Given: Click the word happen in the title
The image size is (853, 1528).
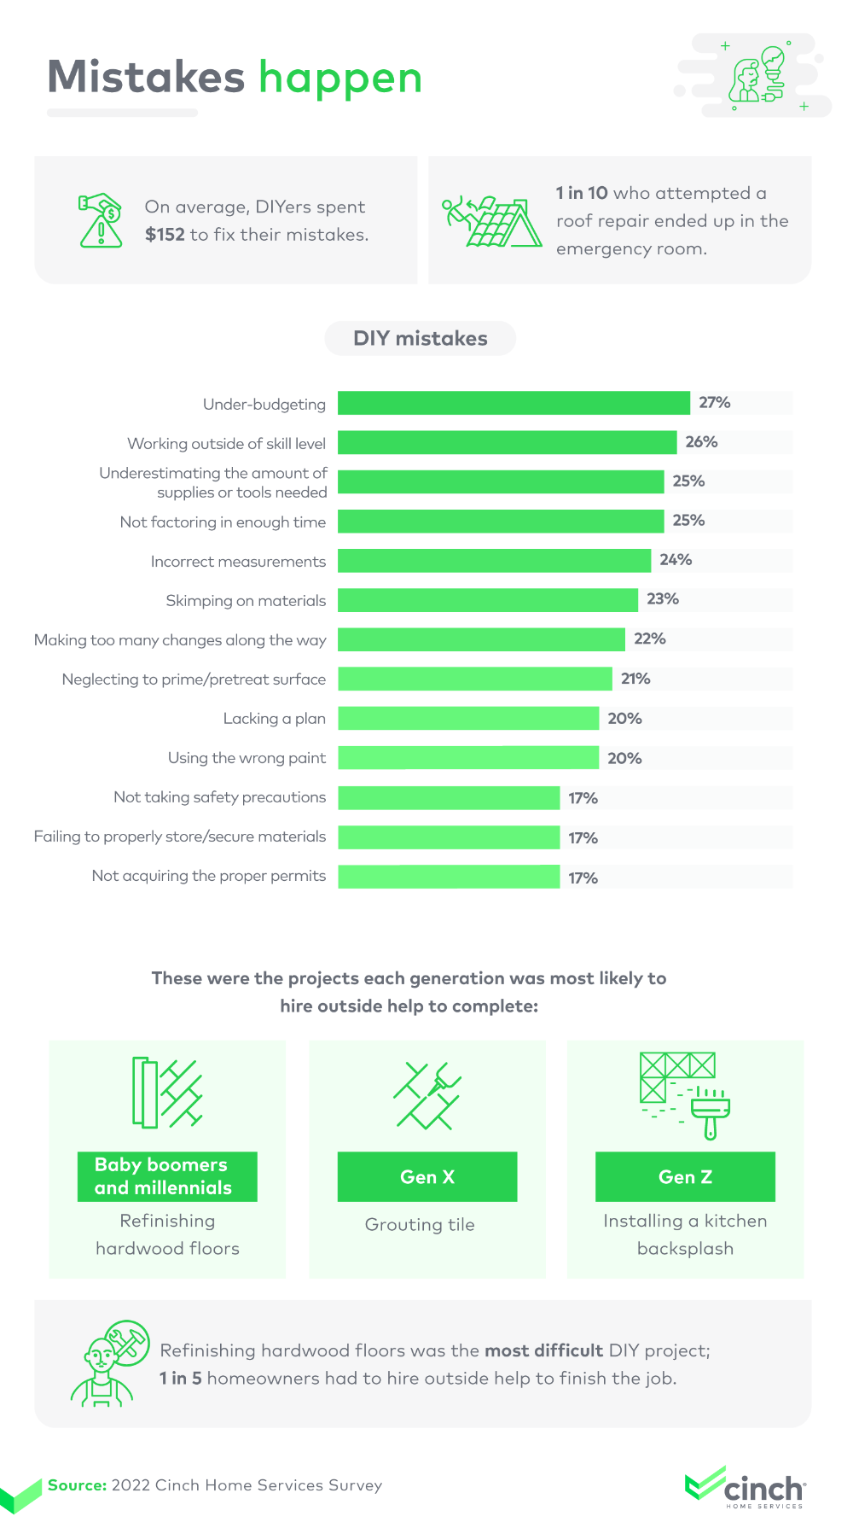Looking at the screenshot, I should click(340, 79).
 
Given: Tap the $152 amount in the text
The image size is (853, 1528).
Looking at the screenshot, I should click(165, 235).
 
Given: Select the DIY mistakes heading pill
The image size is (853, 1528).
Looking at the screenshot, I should click(420, 338).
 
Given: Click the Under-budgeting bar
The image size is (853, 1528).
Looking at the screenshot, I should click(514, 403).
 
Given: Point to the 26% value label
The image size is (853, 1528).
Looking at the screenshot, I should click(701, 442).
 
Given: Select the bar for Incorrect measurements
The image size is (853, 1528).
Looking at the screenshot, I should click(494, 561).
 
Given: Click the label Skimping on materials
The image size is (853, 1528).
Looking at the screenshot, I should click(246, 601).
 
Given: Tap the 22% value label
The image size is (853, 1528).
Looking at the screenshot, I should click(649, 639).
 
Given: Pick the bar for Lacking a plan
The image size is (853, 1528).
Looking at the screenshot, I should click(468, 719).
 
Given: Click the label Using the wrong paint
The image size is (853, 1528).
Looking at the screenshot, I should click(247, 758).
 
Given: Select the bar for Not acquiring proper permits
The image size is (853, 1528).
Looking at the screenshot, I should click(449, 877).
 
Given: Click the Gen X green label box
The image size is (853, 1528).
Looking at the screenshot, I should click(427, 1177).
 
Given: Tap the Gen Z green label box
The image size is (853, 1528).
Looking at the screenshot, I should click(685, 1177).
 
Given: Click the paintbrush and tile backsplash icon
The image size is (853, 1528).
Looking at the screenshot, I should click(684, 1095).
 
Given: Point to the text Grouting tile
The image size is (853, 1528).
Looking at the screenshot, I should click(420, 1225).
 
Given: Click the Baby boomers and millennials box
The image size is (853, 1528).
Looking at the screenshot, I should click(167, 1177).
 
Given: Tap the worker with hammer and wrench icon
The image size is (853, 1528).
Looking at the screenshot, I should click(109, 1364).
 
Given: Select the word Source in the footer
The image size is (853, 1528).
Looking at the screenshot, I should click(77, 1485).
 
